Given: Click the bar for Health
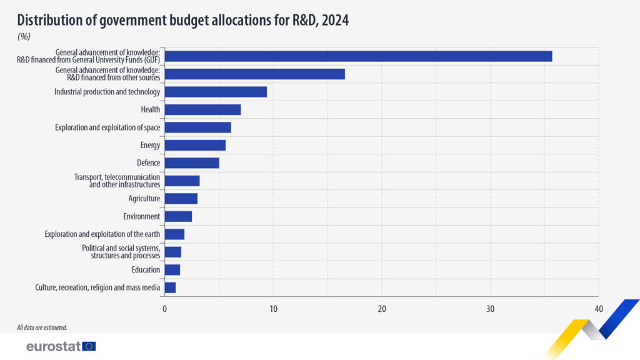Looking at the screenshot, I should [x=202, y=110].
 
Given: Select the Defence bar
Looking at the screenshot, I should [x=192, y=163].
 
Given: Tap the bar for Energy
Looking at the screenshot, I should [x=195, y=146].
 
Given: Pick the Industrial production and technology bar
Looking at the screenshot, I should [x=216, y=92].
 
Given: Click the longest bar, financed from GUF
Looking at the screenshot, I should [x=358, y=56].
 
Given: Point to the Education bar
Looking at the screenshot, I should [x=172, y=270].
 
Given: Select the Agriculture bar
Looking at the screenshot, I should [x=181, y=199].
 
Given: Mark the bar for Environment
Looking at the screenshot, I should [x=178, y=216].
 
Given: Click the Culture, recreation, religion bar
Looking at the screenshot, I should [x=170, y=287].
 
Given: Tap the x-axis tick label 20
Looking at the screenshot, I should [x=382, y=309].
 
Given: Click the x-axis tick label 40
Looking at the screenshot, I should [x=599, y=309].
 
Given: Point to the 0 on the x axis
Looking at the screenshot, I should [x=165, y=309].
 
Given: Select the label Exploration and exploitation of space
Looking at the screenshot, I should [x=107, y=127].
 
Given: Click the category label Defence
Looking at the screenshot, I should [x=149, y=163].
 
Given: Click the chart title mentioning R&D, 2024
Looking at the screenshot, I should [x=182, y=20].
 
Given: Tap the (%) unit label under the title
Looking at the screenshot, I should [x=24, y=36].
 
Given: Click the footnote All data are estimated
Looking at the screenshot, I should [x=42, y=327].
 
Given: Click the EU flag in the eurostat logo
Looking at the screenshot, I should [x=89, y=346].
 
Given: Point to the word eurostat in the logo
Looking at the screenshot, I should [x=53, y=346].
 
